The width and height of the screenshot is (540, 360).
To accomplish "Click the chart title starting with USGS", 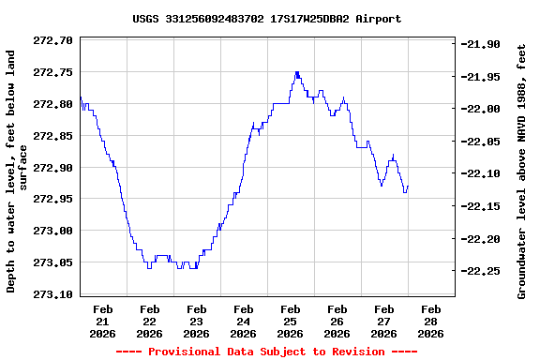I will (266, 19).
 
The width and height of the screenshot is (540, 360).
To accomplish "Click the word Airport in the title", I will (378, 19).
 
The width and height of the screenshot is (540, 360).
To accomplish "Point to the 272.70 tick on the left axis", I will (53, 40).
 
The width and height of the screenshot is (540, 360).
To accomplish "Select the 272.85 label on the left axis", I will (53, 136).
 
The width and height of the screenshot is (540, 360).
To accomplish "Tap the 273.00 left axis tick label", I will (53, 231).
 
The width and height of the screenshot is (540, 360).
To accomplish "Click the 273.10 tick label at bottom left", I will (53, 294).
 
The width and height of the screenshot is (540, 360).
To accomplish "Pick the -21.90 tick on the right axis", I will (483, 44).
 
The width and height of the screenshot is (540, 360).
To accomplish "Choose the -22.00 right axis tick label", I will (483, 110).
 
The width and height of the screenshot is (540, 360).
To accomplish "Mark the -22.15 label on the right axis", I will (483, 206).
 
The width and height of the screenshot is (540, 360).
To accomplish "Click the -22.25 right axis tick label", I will (483, 272).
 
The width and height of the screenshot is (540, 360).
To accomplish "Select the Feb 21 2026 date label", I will (103, 321).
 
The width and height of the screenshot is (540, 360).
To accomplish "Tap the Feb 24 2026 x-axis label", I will (244, 321).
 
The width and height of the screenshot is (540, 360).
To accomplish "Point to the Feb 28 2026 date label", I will (431, 321).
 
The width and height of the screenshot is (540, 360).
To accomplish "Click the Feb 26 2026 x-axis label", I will (337, 321).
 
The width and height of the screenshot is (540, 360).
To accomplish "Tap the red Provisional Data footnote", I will (266, 352).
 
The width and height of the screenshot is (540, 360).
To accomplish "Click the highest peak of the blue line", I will (297, 71).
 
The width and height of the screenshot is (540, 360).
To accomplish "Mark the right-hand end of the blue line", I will (408, 186).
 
